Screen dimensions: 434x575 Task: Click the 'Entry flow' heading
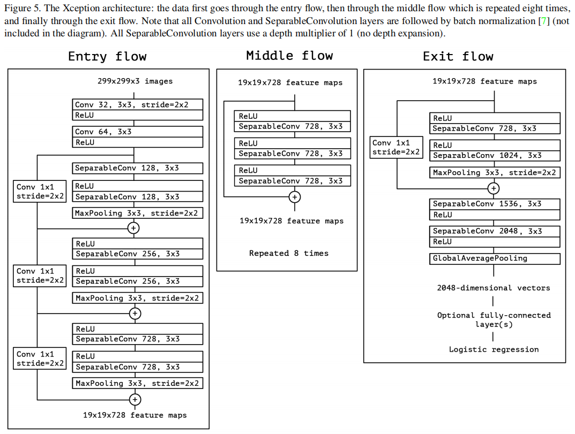pos(107,57)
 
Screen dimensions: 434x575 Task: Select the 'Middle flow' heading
pos(289,56)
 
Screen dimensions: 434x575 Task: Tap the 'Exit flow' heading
pos(458,57)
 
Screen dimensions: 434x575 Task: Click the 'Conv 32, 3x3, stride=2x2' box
pos(138,105)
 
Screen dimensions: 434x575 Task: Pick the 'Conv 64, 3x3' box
pos(138,132)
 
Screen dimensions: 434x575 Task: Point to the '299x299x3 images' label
pos(135,81)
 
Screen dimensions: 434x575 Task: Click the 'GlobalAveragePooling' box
pos(495,258)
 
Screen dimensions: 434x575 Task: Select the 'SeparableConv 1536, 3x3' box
pos(495,204)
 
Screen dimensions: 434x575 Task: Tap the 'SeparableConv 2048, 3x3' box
pos(495,231)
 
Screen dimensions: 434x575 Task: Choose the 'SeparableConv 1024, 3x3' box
pos(495,156)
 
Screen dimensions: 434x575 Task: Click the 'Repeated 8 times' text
pos(289,253)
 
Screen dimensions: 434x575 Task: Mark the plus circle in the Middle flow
pos(294,197)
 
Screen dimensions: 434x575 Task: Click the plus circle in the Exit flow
pos(494,188)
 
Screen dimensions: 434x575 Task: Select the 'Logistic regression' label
pos(494,349)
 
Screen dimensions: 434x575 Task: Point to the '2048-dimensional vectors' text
pos(494,288)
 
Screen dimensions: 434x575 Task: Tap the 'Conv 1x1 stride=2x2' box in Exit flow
pos(397,147)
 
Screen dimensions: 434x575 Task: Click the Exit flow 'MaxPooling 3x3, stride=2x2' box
pos(495,173)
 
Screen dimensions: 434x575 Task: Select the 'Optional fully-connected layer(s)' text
pos(494,319)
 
